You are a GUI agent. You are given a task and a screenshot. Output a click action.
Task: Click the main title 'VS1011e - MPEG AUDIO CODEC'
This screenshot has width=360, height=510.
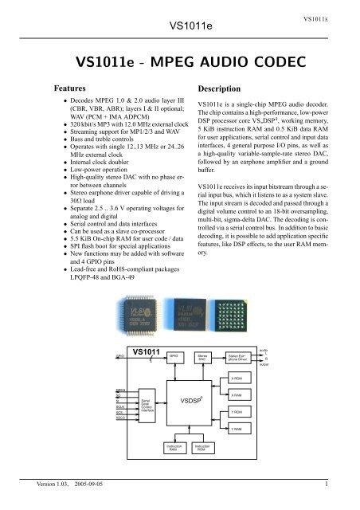click(x=179, y=62)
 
